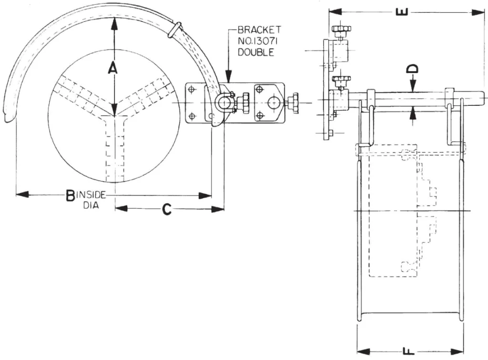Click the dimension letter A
click(112, 67)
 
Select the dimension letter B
click(71, 195)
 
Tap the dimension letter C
click(167, 209)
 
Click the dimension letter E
click(403, 12)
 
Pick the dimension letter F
click(408, 351)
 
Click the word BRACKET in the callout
click(259, 30)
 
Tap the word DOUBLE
click(256, 52)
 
